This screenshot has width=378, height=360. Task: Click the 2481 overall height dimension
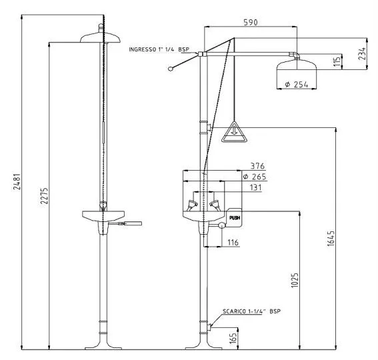(17, 181)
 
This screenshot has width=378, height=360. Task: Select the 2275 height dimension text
(44, 196)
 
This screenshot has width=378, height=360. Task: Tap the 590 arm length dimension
(251, 23)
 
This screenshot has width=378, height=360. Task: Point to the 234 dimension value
(362, 53)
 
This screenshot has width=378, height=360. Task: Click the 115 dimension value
(337, 61)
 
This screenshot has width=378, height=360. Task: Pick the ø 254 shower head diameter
(296, 85)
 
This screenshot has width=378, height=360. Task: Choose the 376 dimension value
(257, 166)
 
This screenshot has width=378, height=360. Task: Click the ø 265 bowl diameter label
(254, 177)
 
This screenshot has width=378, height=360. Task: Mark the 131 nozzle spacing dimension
(255, 187)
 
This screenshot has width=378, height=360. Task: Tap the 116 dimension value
(233, 242)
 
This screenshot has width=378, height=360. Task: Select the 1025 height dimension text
(295, 280)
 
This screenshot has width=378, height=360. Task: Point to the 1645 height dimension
(331, 239)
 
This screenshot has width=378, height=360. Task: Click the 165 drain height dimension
(233, 338)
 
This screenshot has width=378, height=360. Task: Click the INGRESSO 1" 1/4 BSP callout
(159, 49)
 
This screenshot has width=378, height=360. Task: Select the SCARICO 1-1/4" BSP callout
(252, 311)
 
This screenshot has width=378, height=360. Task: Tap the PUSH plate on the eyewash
(234, 218)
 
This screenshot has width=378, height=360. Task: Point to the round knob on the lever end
(171, 69)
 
